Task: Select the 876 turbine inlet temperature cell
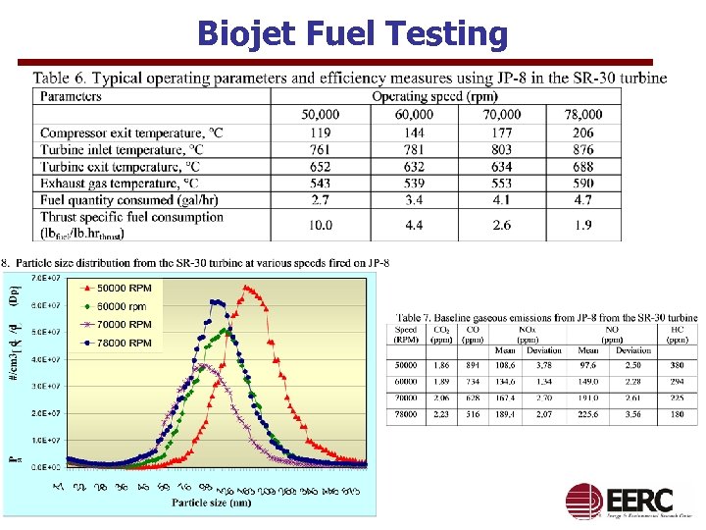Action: click(x=583, y=149)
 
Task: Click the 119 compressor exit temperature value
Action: click(x=320, y=132)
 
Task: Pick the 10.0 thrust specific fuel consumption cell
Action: click(x=320, y=225)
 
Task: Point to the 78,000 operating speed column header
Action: click(x=583, y=114)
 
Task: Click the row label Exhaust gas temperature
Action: click(x=120, y=183)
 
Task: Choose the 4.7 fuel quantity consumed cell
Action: click(x=583, y=199)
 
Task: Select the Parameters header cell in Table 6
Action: click(x=72, y=96)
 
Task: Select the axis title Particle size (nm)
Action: click(x=211, y=503)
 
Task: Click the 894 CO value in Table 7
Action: click(x=472, y=365)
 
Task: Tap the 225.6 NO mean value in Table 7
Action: click(x=588, y=415)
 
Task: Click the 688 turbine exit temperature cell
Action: click(x=583, y=166)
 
